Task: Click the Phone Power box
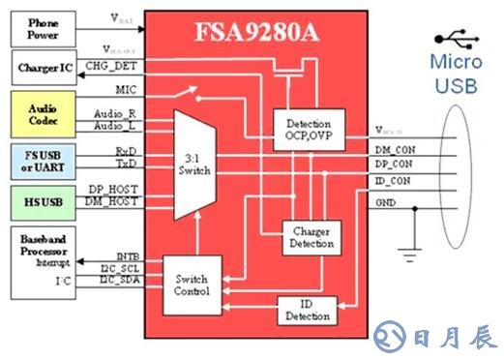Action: [43, 28]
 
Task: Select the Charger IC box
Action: [43, 70]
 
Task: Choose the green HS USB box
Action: [43, 201]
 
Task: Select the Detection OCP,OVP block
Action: [309, 131]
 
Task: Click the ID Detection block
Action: [309, 310]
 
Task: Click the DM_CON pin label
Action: [394, 150]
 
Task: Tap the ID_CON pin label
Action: [392, 181]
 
